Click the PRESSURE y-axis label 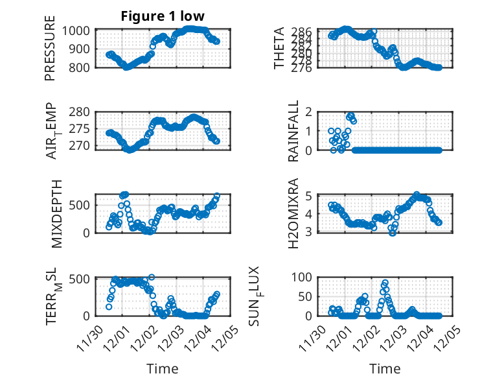pos(51,49)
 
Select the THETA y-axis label pos(279,49)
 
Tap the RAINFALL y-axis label pos(294,131)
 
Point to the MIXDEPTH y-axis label pos(51,213)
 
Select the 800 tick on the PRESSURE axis pos(82,67)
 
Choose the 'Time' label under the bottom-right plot pos(385,368)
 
